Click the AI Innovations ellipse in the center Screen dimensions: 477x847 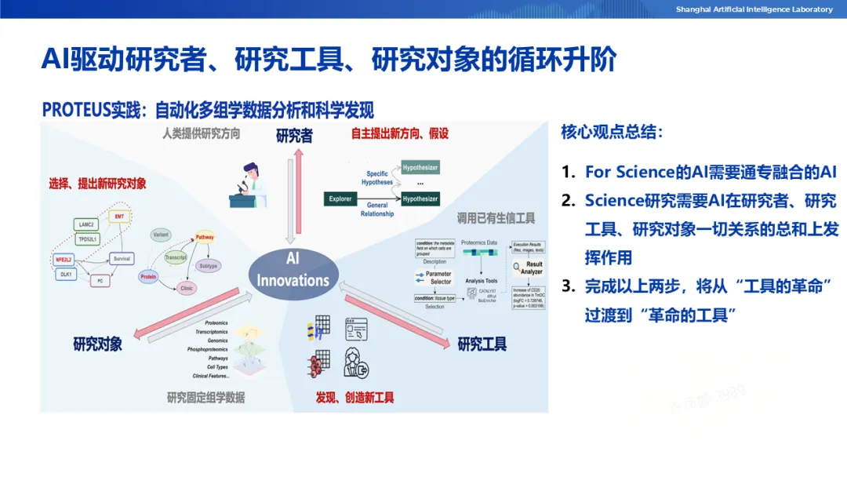point(293,271)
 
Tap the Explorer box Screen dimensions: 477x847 point(340,198)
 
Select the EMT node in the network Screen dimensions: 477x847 point(119,216)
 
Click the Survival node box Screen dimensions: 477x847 point(121,258)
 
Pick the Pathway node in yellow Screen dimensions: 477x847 point(205,237)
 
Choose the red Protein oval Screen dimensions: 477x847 point(148,277)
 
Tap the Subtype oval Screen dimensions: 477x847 point(208,266)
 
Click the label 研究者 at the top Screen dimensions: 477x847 point(294,137)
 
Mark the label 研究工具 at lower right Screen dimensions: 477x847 point(482,344)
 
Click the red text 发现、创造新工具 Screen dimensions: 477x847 point(354,397)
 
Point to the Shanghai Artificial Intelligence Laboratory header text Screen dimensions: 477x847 point(754,9)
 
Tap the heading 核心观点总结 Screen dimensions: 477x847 point(612,132)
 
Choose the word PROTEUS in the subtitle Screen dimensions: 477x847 point(75,110)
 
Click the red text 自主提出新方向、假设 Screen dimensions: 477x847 point(400,134)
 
